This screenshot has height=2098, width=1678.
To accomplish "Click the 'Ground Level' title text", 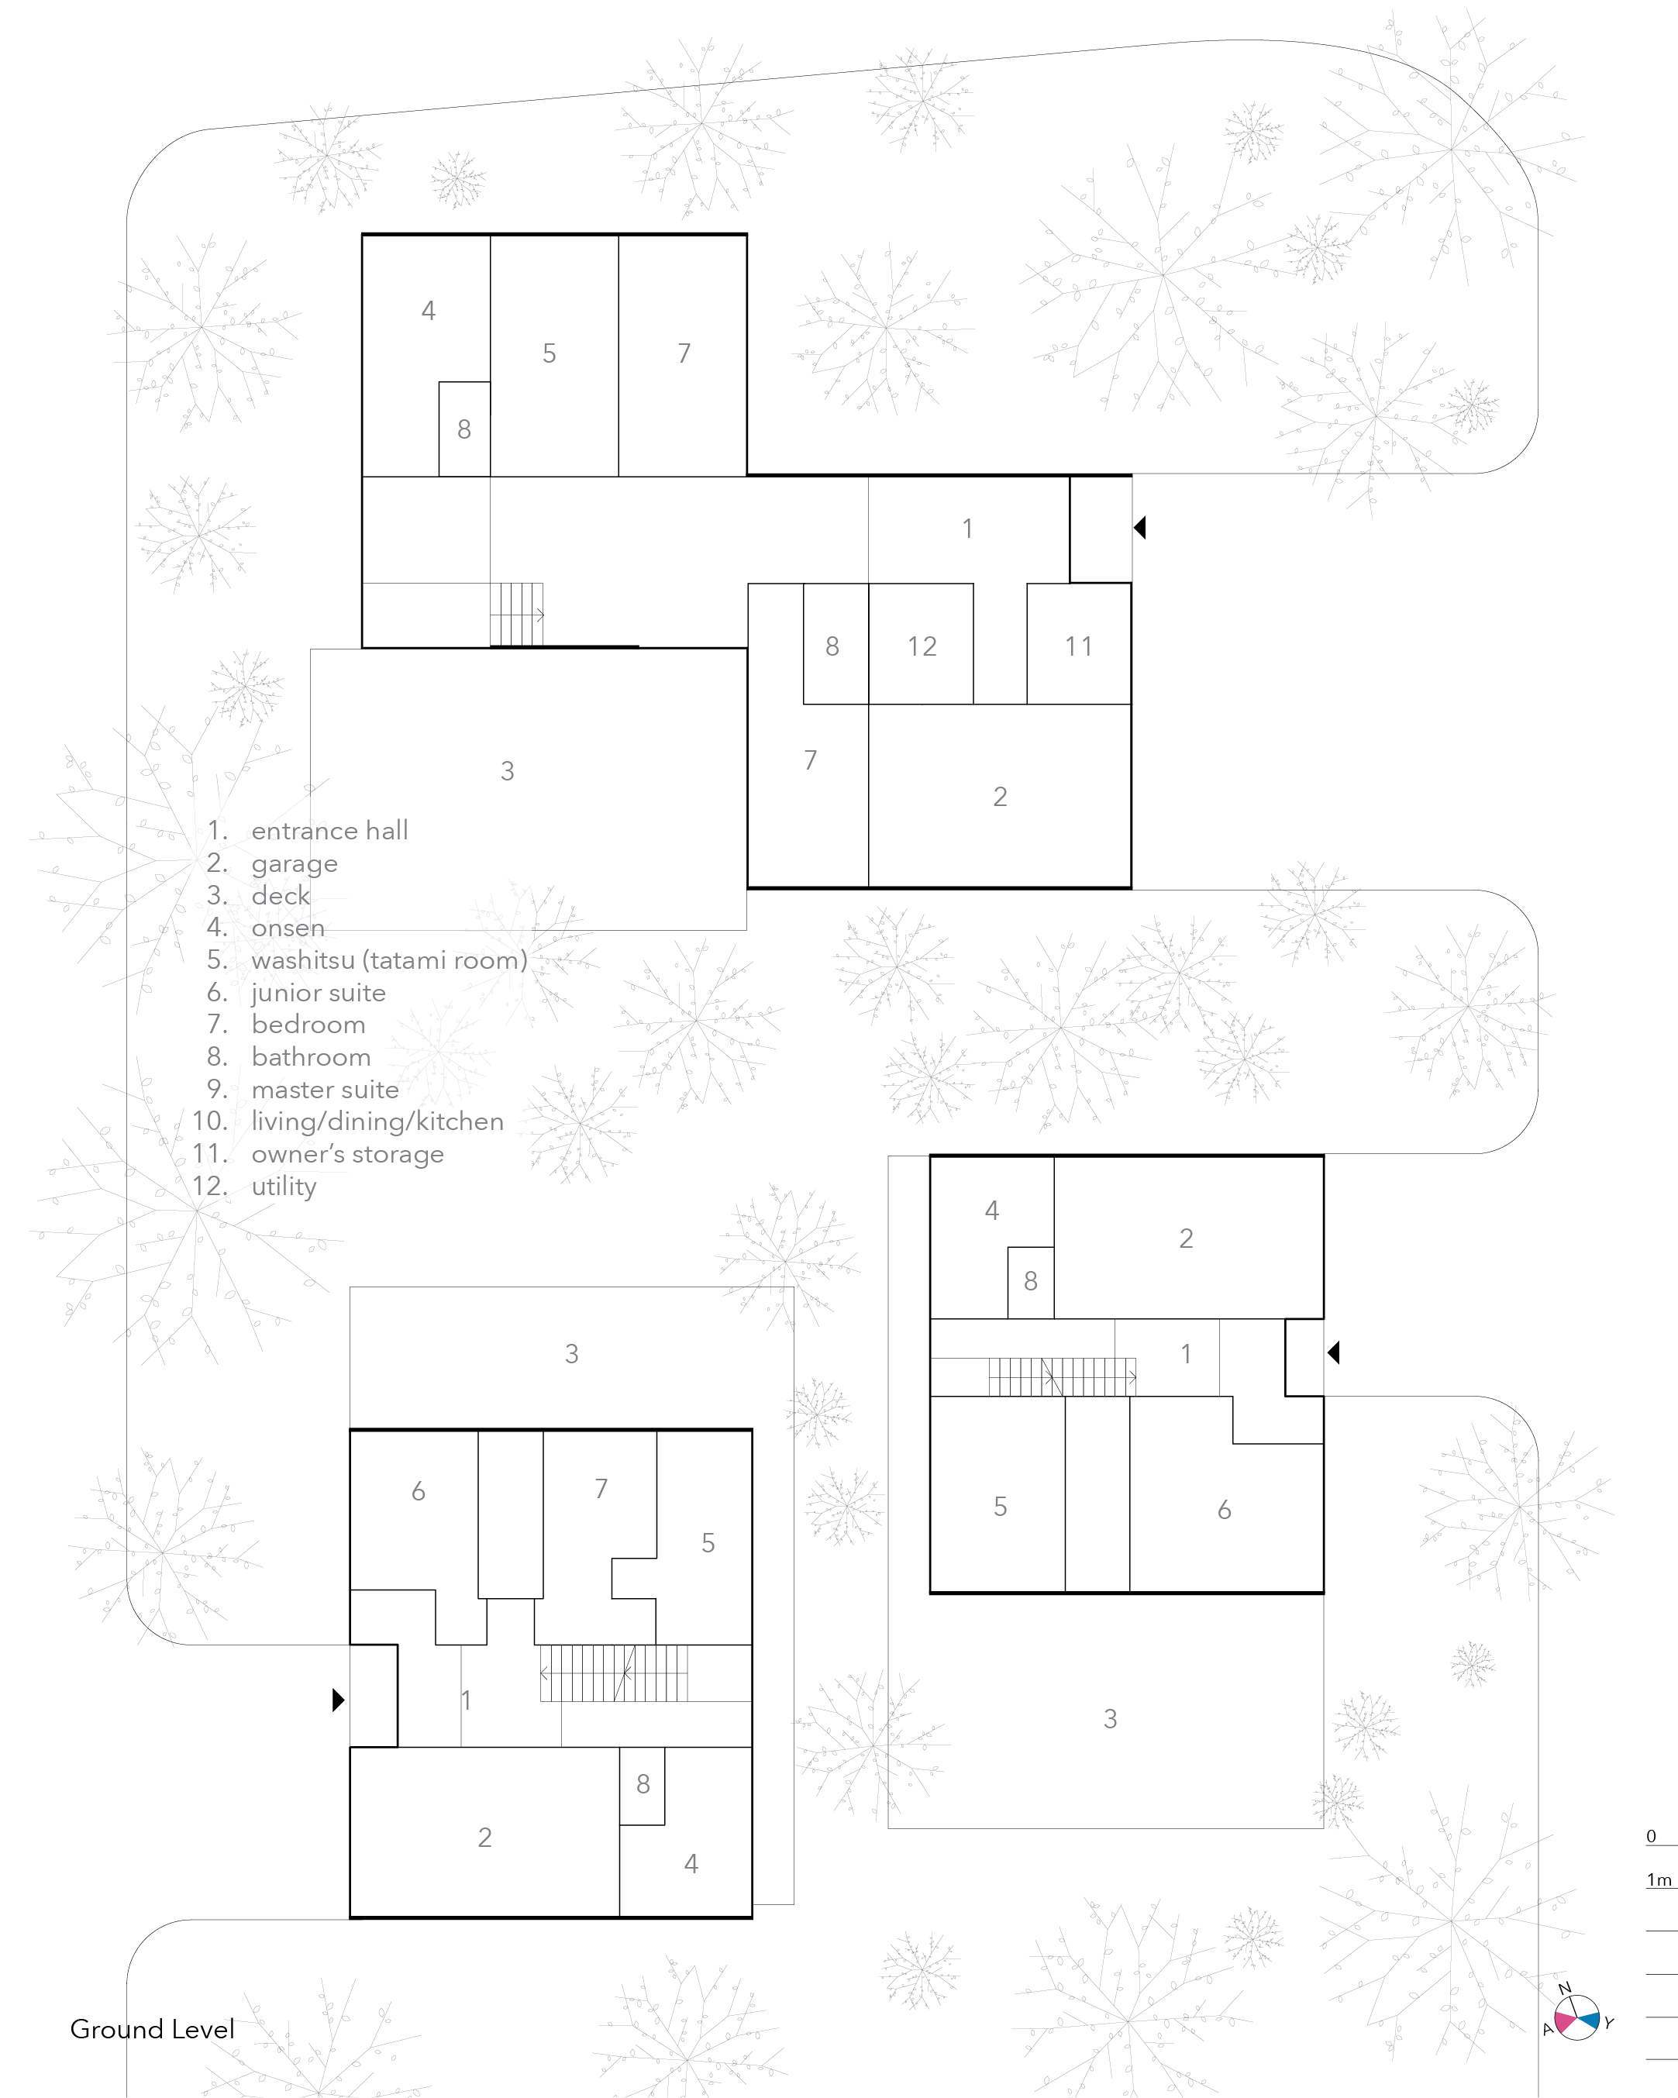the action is tap(152, 2029).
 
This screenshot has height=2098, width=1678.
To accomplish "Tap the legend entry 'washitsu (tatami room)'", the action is tap(389, 960).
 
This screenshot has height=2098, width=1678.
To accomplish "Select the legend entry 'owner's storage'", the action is tap(347, 1154).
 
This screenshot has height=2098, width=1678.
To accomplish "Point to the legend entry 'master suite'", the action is tap(325, 1090).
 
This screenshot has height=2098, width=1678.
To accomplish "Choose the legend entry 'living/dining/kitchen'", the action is tap(377, 1122).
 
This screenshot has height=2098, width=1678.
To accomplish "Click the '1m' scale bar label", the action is tap(1659, 1880).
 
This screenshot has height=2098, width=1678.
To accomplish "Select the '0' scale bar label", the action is tap(1651, 1836).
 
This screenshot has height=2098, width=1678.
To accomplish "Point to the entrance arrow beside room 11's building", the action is tap(1140, 528).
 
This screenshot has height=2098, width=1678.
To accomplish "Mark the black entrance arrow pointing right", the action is tap(339, 1700).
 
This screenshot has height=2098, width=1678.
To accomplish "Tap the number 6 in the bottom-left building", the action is tap(419, 1492).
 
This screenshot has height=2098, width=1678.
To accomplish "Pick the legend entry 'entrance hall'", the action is tap(330, 831).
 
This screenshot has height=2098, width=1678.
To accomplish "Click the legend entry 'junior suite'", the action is tap(319, 993).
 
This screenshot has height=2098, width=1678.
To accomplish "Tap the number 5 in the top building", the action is tap(549, 354).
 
